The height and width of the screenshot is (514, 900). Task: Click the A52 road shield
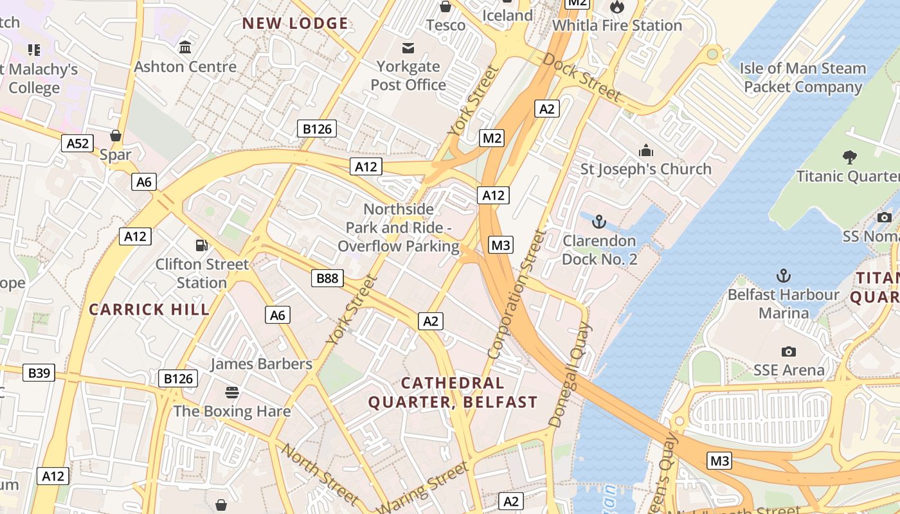(x=78, y=143)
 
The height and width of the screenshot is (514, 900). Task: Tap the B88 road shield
(x=327, y=278)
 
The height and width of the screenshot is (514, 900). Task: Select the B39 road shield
(x=39, y=372)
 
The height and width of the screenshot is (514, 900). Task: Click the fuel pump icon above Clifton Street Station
(x=202, y=245)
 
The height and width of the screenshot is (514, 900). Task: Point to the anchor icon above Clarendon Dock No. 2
(x=599, y=222)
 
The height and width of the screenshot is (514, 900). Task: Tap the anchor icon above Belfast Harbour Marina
(x=783, y=276)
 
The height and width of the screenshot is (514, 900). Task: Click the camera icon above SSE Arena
(x=789, y=351)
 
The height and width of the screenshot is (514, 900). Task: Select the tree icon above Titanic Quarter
(x=849, y=157)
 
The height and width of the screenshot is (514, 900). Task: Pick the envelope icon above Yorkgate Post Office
(x=408, y=48)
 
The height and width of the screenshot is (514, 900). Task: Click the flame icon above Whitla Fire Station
(x=617, y=7)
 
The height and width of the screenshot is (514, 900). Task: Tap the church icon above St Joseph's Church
(x=646, y=150)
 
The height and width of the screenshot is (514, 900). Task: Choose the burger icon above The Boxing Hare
(x=232, y=392)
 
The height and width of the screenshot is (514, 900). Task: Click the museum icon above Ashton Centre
(x=186, y=48)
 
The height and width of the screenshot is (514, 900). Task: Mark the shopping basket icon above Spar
(x=116, y=136)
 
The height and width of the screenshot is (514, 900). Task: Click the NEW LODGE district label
(x=295, y=24)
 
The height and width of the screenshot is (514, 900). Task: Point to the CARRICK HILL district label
(x=149, y=310)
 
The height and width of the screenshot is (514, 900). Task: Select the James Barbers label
(x=261, y=364)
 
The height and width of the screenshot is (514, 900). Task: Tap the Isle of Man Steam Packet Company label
(x=802, y=77)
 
